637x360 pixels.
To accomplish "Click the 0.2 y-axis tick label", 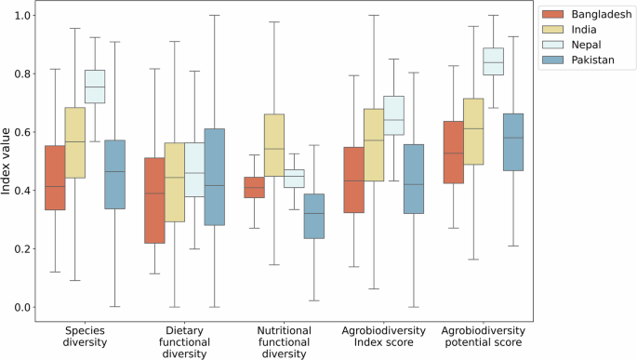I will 21,248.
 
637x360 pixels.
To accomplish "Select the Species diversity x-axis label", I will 85,337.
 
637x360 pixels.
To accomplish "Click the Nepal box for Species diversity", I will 95,87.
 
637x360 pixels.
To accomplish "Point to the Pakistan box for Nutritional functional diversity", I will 314,217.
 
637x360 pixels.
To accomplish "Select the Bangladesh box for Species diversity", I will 55,178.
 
